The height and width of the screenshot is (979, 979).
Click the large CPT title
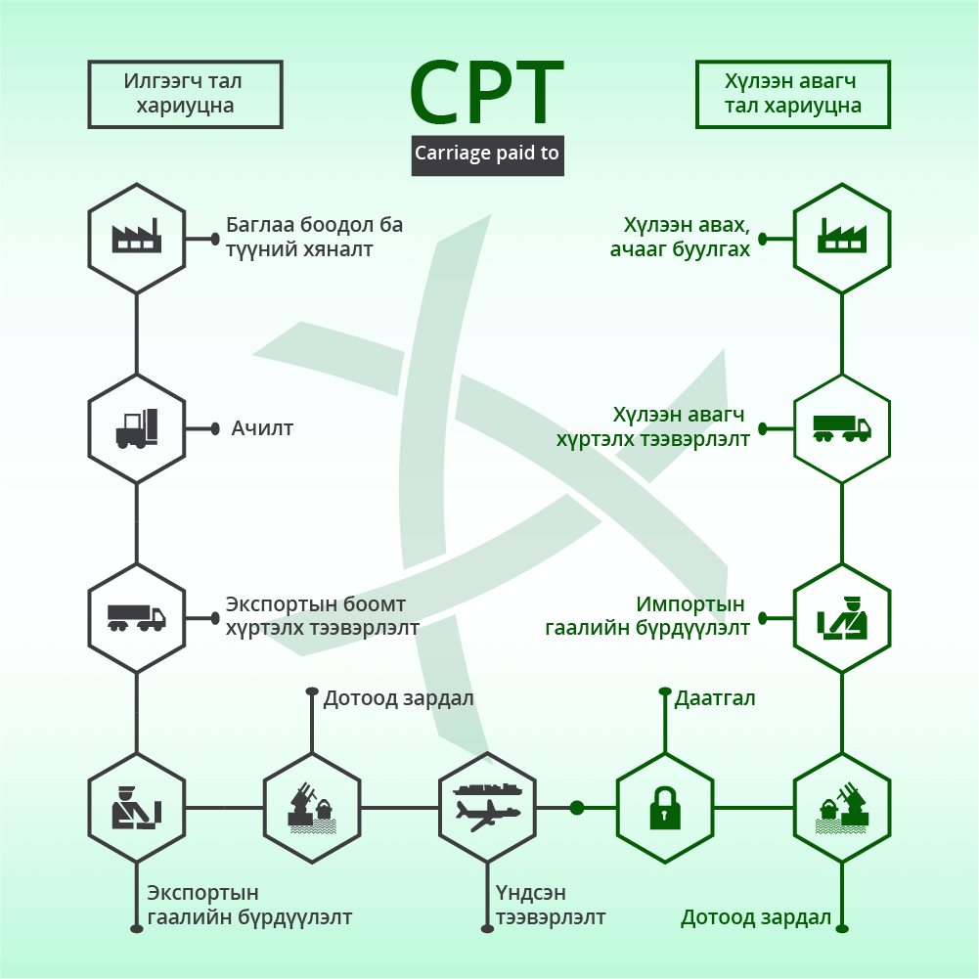coord(486,93)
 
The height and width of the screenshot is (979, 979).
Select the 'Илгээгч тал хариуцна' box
coord(186,94)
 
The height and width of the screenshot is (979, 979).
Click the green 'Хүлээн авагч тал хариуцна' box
coord(793,94)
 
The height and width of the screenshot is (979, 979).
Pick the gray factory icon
coord(137,236)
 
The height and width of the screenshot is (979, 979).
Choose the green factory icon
coord(842,236)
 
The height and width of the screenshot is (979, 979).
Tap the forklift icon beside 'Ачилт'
coord(137,428)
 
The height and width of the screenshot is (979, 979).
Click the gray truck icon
coord(137,617)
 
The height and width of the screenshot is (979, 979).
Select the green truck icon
coord(842,428)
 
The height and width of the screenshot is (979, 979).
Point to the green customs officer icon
coord(842,618)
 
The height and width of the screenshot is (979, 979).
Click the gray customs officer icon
coord(137,807)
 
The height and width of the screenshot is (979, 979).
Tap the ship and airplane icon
coord(487,807)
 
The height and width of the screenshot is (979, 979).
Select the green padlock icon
coord(665,808)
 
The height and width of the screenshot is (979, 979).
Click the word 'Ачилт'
coord(262,428)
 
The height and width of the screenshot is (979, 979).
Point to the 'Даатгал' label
coord(715,698)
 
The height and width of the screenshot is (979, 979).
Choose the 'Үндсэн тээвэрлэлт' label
coord(551,905)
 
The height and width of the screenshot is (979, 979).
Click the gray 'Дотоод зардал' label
coord(398,698)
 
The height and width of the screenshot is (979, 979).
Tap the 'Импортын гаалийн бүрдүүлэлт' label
coord(647,615)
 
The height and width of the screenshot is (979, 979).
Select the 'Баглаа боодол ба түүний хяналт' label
coord(314,237)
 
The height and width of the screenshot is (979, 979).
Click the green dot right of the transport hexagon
coord(577,808)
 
